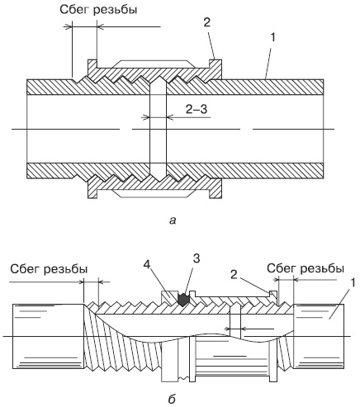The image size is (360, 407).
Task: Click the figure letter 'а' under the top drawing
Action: coord(173,220)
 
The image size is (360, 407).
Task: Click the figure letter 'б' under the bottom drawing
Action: coord(172,398)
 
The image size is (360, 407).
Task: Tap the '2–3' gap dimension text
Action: coord(197,109)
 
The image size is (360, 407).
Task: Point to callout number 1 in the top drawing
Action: coord(272,38)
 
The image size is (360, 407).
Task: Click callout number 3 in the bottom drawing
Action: coord(197,258)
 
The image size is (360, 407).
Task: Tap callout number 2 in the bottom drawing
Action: coord(234,274)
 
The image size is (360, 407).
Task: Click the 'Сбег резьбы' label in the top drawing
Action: coord(98,10)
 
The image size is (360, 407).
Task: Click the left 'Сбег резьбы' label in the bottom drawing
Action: coord(49,269)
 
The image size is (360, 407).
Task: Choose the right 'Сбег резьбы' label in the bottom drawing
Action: coord(306,268)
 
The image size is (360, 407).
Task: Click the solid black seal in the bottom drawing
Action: coord(183,300)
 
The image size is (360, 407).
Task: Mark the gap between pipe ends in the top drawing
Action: coord(158,129)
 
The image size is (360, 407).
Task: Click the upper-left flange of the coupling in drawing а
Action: coord(92,67)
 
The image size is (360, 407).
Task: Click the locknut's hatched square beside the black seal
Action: coord(168,298)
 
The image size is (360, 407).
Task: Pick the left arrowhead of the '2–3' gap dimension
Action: coord(145,117)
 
